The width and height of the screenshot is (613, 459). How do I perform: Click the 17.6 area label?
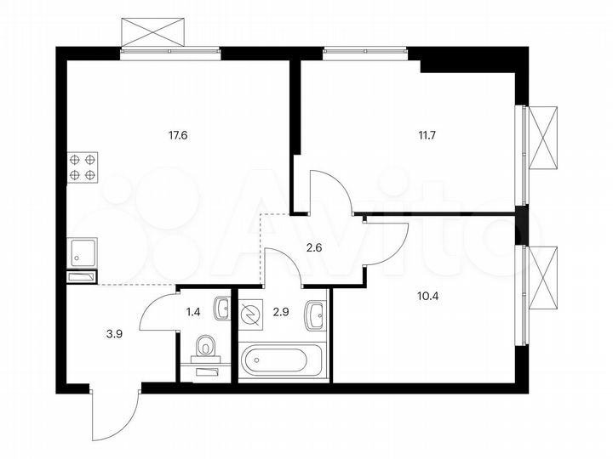point(179,133)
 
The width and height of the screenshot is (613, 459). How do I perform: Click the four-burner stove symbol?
point(82,167)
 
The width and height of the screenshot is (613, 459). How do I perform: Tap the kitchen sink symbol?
point(83,252)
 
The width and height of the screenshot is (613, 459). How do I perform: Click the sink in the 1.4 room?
point(221,308)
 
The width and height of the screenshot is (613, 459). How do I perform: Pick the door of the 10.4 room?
point(387,242)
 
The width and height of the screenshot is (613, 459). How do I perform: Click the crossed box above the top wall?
point(153,32)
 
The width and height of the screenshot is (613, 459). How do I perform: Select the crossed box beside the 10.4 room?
point(542,277)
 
